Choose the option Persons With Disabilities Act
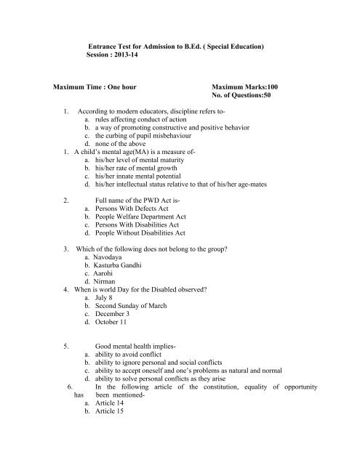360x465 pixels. (138, 224)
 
